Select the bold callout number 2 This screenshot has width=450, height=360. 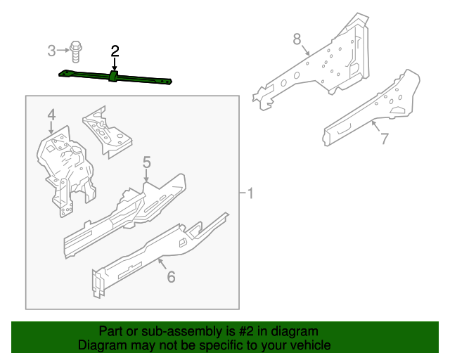[115, 51]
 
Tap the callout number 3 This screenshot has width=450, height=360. [51, 50]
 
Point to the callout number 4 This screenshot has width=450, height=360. [51, 114]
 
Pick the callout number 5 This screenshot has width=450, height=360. [146, 163]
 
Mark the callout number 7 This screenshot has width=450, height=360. [384, 139]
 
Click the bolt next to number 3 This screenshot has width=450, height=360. [76, 50]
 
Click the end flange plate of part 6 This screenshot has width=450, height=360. [96, 282]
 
